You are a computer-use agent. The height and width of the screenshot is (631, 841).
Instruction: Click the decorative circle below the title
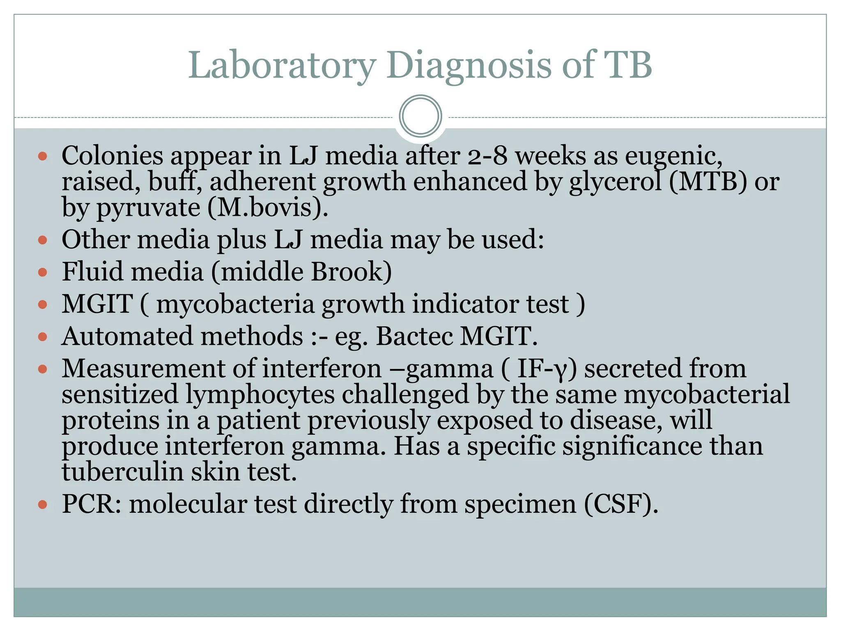(x=420, y=116)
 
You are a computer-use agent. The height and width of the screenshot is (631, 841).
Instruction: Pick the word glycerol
(x=615, y=182)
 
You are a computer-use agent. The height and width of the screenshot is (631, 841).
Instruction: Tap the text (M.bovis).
(x=268, y=208)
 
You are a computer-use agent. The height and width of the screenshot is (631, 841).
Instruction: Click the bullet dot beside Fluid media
(x=42, y=272)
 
